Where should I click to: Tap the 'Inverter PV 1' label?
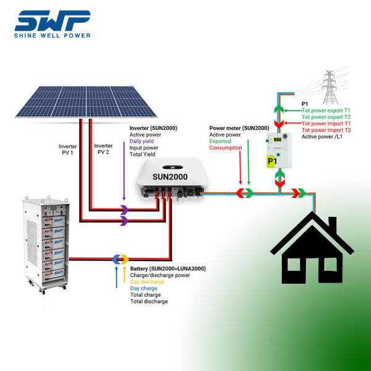click(x=67, y=150)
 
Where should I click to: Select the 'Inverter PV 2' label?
click(x=103, y=149)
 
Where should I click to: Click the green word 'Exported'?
click(x=221, y=141)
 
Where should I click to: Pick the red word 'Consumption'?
click(x=226, y=148)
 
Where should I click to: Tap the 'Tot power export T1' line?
click(x=325, y=110)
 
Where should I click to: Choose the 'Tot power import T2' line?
click(x=325, y=130)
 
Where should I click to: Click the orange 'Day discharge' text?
click(x=148, y=281)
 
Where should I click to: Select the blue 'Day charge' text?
click(x=143, y=288)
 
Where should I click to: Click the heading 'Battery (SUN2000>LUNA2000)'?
click(x=168, y=268)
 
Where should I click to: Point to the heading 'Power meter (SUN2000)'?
click(x=239, y=127)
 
